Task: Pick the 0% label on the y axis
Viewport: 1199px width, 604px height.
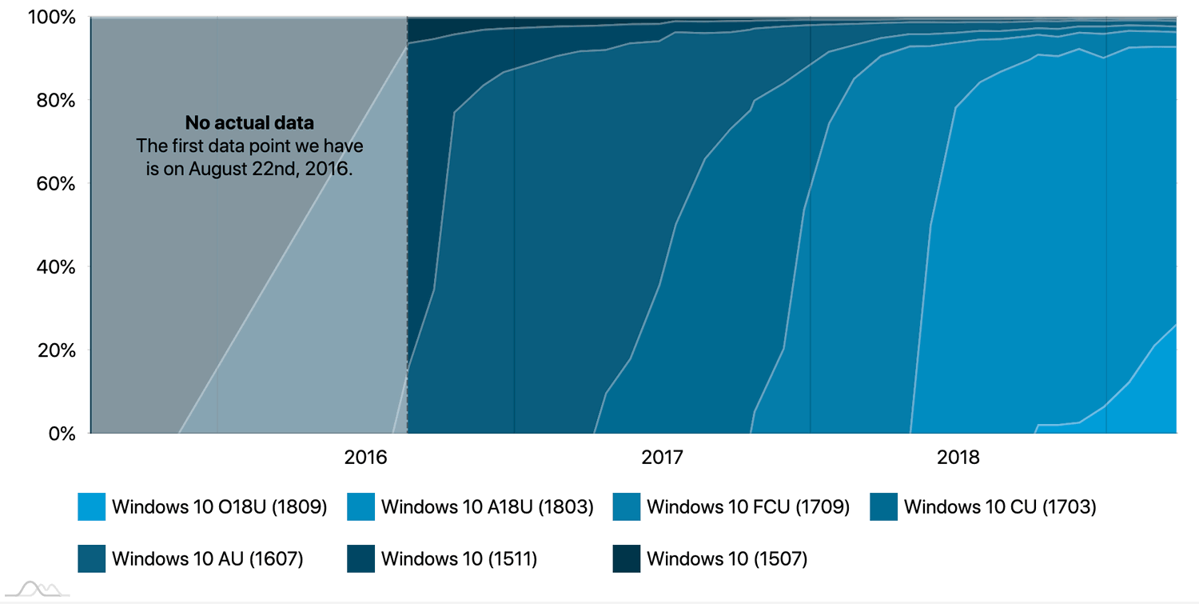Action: [60, 433]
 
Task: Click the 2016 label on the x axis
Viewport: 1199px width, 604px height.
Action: [365, 458]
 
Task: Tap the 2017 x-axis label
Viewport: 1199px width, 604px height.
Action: [662, 458]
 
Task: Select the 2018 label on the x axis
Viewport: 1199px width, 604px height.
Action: [958, 458]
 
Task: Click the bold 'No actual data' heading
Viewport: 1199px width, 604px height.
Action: [249, 123]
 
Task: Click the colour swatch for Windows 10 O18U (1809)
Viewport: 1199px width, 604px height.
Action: [91, 507]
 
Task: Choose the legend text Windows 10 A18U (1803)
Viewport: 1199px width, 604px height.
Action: [487, 507]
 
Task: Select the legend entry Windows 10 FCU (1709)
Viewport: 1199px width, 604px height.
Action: [747, 507]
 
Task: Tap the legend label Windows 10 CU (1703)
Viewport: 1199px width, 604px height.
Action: [999, 507]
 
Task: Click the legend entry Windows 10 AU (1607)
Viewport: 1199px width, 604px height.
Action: [207, 558]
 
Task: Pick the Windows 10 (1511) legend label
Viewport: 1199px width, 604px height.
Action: [459, 558]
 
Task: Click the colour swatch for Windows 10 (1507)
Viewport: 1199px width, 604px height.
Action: [627, 558]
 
